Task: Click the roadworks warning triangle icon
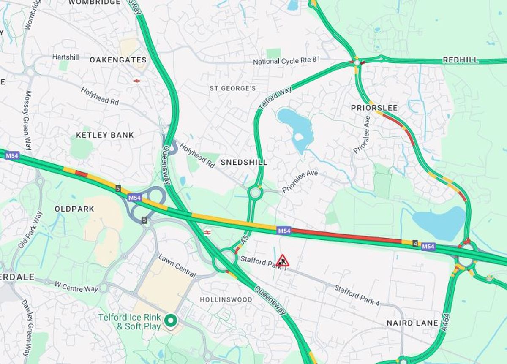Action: (283, 261)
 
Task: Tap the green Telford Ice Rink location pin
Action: (171, 321)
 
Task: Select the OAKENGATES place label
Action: (118, 60)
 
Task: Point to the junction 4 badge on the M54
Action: (415, 243)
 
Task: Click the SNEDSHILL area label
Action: (244, 162)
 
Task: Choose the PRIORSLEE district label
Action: (374, 108)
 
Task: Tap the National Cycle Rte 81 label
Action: (286, 62)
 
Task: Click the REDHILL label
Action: (461, 60)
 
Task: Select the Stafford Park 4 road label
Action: (357, 295)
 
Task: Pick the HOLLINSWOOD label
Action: (226, 299)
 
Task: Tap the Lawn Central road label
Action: (177, 266)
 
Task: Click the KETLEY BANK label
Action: (105, 135)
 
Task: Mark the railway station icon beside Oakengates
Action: (136, 81)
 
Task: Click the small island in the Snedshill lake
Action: (299, 137)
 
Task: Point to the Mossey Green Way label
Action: (28, 120)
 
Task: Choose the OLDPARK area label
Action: (74, 209)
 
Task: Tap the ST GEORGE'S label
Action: (233, 88)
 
